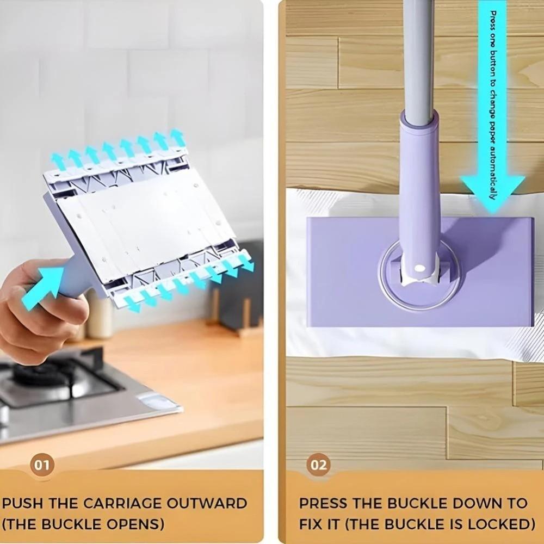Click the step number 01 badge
[x=42, y=465]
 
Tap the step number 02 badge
[x=318, y=465]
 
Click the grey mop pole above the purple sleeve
[x=419, y=54]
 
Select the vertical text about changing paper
[x=493, y=103]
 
